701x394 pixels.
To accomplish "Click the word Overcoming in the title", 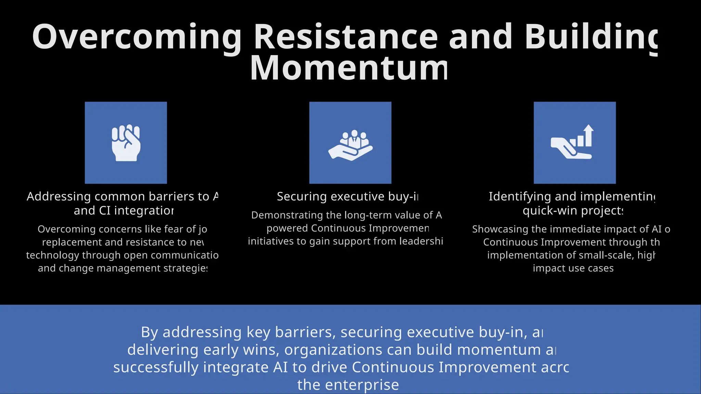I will point(137,37).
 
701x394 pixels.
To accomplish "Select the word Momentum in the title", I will point(349,68).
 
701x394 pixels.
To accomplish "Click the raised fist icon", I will point(126,143).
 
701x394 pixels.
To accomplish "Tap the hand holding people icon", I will point(350,145).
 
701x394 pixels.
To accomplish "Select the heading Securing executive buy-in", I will point(347,196).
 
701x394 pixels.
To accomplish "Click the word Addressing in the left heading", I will point(59,196).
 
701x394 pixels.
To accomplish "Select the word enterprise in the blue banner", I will point(362,385).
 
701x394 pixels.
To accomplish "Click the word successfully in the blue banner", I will point(156,367).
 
